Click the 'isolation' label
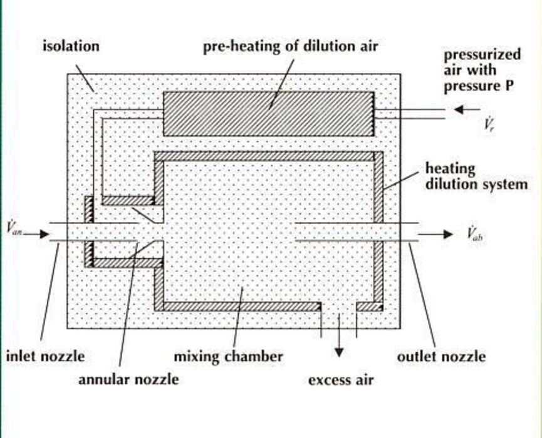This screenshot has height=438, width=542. pos(71,46)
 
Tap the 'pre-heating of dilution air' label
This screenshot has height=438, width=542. pos(290,47)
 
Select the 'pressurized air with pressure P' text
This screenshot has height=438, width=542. pos(482,70)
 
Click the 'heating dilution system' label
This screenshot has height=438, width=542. pos(476,177)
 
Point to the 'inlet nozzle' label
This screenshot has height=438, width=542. pos(45,357)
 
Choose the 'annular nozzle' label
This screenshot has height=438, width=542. pos(128,379)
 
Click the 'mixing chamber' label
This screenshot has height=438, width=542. pos(228,357)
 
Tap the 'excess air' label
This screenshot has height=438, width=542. pos(340,380)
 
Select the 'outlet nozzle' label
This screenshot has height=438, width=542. pos(441,357)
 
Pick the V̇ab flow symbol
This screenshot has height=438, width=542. pos(474,235)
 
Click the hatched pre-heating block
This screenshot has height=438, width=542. pos(269,113)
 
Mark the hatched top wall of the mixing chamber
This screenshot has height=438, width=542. pos(268,156)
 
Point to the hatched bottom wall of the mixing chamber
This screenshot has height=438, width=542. pos(238,307)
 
